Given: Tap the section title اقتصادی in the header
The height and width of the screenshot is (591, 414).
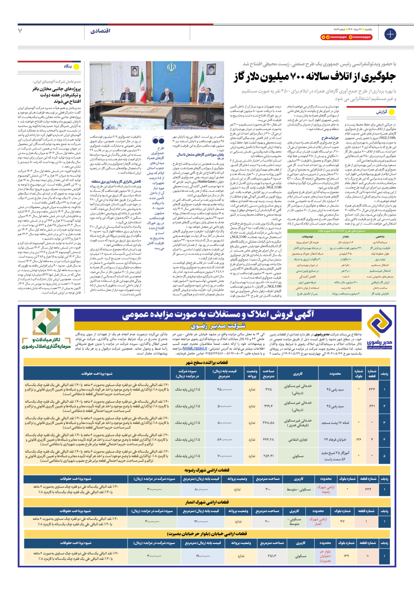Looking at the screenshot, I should coord(100,31).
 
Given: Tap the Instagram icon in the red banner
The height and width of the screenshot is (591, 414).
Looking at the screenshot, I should coord(351,37).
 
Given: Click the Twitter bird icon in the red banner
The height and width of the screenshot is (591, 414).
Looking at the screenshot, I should coord(328,37).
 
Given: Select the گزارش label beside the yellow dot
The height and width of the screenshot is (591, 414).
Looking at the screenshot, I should coord(382,112).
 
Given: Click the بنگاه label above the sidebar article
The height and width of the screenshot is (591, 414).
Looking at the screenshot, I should coord(68,67).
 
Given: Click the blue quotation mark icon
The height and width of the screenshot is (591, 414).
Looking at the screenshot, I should coord(158,140).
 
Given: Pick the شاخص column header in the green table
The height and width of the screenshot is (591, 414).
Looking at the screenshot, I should coord(380,236).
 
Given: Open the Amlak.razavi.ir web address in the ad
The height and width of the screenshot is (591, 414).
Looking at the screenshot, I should coord(195,348).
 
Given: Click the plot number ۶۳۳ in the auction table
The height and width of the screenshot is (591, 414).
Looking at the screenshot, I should coord(372,389).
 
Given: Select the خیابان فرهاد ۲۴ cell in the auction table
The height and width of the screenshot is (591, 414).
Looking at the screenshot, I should coord(335,439).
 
